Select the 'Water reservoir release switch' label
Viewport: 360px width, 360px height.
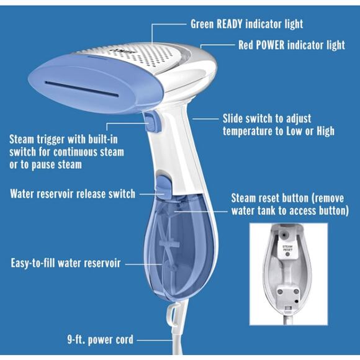73,194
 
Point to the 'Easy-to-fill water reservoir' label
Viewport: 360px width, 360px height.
65,263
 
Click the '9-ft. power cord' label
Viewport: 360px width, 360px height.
100,340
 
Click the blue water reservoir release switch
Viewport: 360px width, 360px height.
163,186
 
